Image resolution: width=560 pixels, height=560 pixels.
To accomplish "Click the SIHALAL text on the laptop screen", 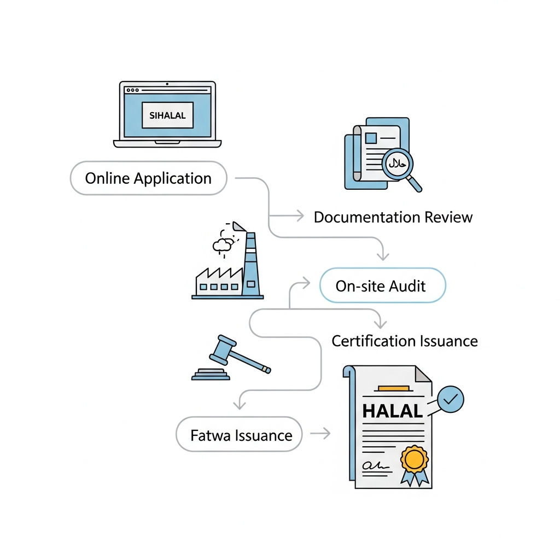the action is tap(167, 115).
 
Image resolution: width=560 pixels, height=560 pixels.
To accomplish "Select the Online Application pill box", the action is tap(149, 178).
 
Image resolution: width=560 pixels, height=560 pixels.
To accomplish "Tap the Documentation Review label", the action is tap(393, 217).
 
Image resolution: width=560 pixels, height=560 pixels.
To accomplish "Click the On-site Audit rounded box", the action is tap(382, 285).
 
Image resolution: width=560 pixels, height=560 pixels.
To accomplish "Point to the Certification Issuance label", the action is tap(405, 341).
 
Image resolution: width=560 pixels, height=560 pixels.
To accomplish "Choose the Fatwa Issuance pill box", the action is tap(240, 434).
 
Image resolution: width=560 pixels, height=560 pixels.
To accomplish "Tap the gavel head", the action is tap(222, 349).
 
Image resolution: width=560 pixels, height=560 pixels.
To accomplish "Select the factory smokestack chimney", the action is tap(250, 264).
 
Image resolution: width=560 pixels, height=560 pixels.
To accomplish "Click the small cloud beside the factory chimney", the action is tap(222, 245).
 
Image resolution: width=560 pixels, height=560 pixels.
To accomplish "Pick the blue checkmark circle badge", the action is tap(451, 399).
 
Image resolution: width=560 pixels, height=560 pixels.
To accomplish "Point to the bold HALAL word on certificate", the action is tap(393, 411).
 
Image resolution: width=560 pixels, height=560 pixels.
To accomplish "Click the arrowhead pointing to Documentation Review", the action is tap(300, 215).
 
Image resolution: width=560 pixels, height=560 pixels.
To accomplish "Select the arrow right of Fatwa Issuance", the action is tap(320, 434).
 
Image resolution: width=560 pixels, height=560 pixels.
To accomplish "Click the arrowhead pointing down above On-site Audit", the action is tap(383, 256).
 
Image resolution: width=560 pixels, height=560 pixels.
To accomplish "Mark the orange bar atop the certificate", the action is tap(394, 388).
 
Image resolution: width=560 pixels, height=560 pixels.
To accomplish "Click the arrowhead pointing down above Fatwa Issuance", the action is tap(240, 405).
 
